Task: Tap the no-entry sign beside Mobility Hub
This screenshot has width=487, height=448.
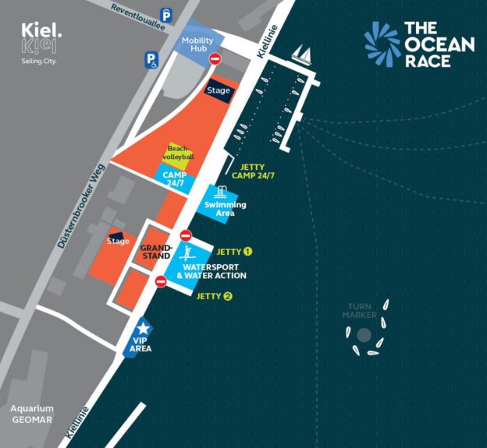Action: point(215,58)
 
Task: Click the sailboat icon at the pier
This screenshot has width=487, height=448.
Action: point(301,54)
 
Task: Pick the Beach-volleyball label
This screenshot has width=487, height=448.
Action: point(180,152)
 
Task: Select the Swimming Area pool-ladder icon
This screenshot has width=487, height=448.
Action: point(222,192)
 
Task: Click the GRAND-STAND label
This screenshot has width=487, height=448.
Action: point(155,252)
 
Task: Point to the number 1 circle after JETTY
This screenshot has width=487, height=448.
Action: point(247,251)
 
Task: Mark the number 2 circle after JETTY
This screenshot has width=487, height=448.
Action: point(227,296)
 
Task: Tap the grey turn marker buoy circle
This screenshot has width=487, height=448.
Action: point(364,335)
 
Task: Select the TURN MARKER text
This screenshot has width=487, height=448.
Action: point(360,311)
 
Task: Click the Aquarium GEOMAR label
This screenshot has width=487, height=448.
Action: point(32,414)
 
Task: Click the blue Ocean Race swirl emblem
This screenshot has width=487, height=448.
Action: point(382,44)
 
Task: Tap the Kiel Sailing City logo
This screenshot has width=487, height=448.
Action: point(41,44)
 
